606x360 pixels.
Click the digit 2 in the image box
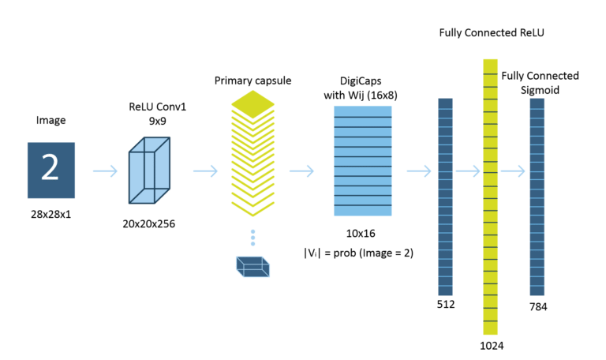coord(50,168)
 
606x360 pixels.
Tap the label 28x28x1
coord(50,215)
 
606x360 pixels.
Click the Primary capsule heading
coord(252,81)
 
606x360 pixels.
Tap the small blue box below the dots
coord(252,267)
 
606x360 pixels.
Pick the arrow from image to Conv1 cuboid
coord(105,171)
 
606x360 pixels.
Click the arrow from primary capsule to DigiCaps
coord(303,171)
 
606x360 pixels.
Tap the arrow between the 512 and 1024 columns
coord(468,171)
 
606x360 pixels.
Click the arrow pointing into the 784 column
coord(513,171)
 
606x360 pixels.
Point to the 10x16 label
coord(362,234)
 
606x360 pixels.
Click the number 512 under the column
coord(444,303)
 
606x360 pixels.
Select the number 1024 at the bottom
coord(491,345)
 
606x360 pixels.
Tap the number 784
coord(538,307)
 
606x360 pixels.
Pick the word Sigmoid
coord(540,90)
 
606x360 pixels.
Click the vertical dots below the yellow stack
coord(252,238)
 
